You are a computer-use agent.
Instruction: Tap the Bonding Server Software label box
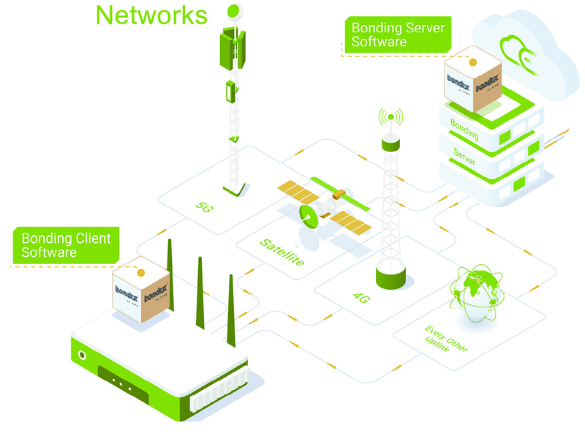(x=397, y=35)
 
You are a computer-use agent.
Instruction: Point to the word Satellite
(x=282, y=252)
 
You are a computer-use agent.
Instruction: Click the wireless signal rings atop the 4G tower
(x=390, y=117)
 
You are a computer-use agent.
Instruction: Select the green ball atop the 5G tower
(x=233, y=11)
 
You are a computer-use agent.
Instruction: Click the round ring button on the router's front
(x=83, y=356)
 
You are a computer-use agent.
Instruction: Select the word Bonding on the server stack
(x=464, y=130)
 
